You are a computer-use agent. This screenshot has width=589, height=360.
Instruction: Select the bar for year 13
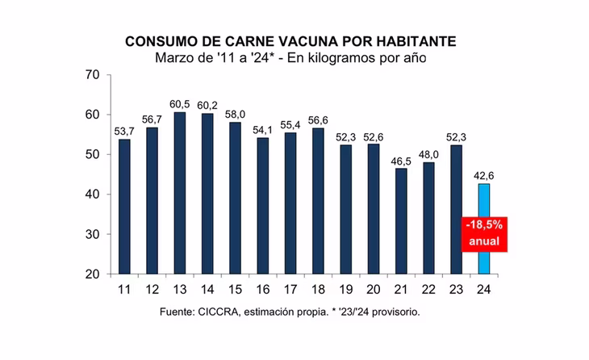pos(180,194)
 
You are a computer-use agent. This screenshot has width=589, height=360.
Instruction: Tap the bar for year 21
pos(400,221)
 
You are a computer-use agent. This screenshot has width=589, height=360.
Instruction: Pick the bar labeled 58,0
pos(235,199)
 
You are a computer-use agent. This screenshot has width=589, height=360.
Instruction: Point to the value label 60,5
pos(180,105)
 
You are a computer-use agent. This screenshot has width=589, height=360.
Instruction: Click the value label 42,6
pos(483,176)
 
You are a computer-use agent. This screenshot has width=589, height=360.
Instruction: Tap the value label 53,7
pos(124,132)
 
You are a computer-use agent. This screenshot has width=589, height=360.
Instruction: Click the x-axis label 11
pos(124,290)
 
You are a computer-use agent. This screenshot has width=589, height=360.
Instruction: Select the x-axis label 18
pos(318,290)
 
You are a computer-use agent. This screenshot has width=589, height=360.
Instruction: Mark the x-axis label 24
pos(483,290)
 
